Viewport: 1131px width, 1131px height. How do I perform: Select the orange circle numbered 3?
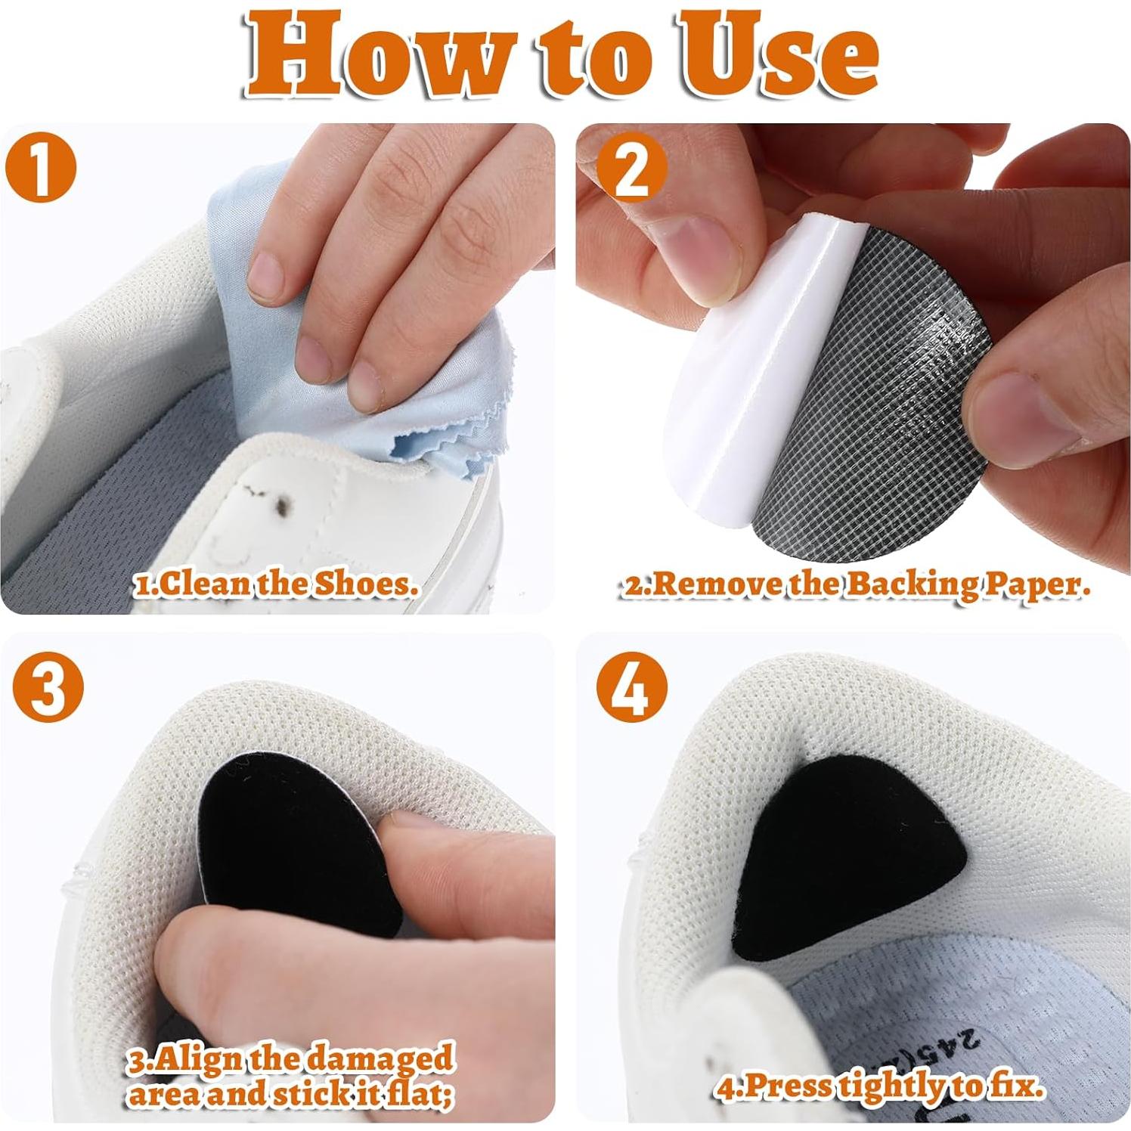click(x=47, y=686)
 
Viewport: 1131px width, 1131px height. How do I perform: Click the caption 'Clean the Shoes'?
click(x=276, y=584)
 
